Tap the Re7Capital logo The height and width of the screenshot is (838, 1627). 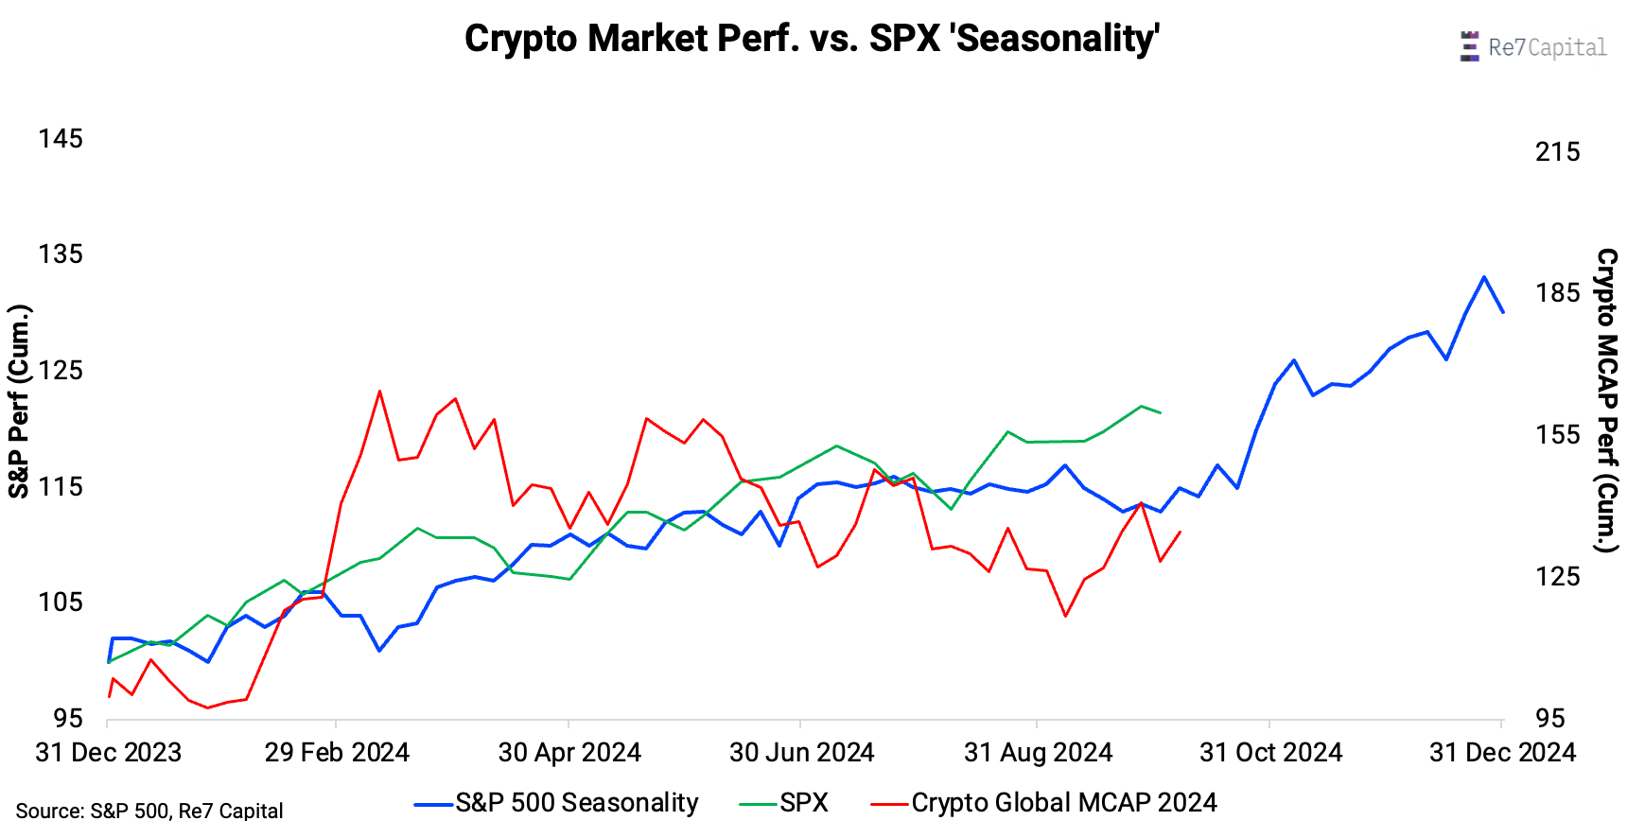point(1533,46)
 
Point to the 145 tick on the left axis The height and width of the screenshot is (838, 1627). point(61,139)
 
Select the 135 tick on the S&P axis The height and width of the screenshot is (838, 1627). point(61,254)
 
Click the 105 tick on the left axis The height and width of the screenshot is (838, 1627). point(61,602)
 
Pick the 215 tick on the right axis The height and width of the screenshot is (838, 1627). point(1557,151)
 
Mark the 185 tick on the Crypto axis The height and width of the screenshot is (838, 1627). point(1557,293)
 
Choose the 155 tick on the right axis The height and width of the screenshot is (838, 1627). point(1557,435)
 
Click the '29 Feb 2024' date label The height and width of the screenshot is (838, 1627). point(337,753)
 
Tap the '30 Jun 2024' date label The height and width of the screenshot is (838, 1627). point(801,753)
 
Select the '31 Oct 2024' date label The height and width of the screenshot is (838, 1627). point(1270,753)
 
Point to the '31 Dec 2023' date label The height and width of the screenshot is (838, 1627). point(108,753)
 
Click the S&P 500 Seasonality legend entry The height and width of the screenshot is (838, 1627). point(557,803)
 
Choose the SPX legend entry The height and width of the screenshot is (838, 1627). point(784,803)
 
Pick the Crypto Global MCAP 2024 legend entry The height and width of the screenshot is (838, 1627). point(1044,803)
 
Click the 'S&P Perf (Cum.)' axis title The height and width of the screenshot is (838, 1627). point(20,401)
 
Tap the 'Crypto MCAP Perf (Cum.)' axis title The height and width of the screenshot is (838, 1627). point(1606,401)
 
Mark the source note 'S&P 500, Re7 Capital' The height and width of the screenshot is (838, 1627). point(149,812)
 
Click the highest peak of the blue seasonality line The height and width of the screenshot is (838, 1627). point(1484,277)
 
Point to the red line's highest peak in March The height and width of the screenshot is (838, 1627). point(379,391)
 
